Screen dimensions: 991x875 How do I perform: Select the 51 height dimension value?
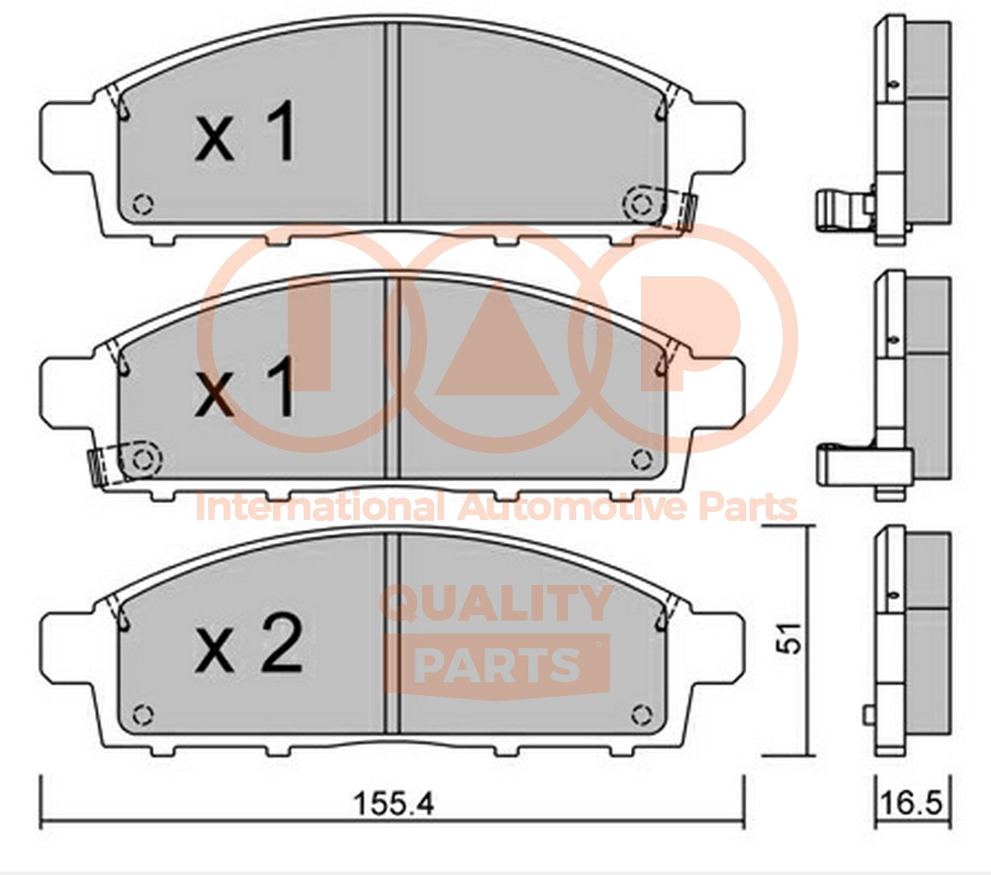791,638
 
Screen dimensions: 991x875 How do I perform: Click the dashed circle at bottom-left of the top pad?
143,204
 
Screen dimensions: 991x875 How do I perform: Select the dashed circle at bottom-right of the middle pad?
642,459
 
